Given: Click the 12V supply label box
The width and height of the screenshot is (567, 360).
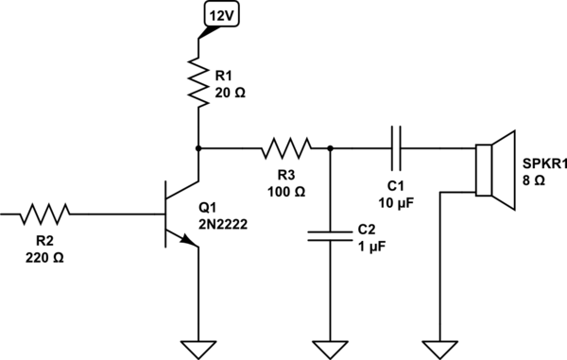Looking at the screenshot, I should [225, 15].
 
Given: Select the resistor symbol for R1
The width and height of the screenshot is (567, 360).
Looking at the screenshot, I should [198, 79].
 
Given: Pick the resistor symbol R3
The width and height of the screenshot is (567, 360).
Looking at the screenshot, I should [285, 148].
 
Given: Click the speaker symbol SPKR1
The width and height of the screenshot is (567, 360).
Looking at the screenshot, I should [492, 170].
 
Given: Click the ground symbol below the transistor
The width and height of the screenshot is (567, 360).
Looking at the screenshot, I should [198, 349].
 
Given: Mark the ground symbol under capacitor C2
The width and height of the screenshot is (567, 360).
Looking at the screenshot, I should [329, 349].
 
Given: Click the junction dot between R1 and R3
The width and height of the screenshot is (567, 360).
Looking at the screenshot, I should [198, 148].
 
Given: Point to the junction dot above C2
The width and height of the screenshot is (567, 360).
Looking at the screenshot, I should [329, 148].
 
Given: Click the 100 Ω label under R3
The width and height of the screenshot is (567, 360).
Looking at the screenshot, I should [287, 192].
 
